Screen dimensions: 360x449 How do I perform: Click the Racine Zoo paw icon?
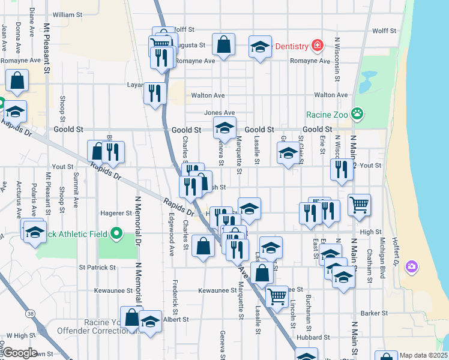point(357,113)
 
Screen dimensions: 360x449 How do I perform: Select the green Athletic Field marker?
point(116,233)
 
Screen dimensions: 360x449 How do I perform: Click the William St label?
point(67,14)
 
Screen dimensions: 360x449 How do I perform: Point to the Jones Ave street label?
point(219,113)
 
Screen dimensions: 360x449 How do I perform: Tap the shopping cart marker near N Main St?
point(359,205)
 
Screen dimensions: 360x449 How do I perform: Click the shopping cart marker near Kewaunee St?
point(276,295)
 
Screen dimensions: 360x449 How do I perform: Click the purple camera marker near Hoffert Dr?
point(411,266)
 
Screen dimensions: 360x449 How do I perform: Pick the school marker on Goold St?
point(225,127)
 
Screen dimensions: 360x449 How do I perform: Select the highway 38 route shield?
point(29,313)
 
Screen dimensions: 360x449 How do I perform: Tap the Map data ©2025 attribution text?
point(423,355)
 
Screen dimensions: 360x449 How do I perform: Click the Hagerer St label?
point(116,212)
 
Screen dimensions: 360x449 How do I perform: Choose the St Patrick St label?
point(97,267)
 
